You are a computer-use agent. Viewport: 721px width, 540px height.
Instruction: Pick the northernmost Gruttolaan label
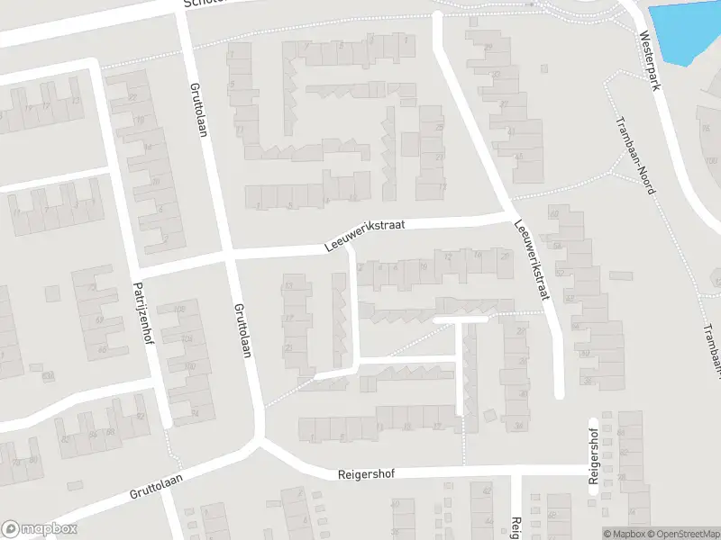click(198, 110)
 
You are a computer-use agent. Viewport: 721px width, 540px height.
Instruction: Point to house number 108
click(179, 310)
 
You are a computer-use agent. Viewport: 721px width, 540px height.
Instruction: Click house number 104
click(187, 338)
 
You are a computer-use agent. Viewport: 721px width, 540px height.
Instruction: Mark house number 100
click(188, 366)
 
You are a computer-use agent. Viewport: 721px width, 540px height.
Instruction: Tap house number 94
click(195, 412)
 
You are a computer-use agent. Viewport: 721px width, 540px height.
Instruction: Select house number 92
click(140, 415)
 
